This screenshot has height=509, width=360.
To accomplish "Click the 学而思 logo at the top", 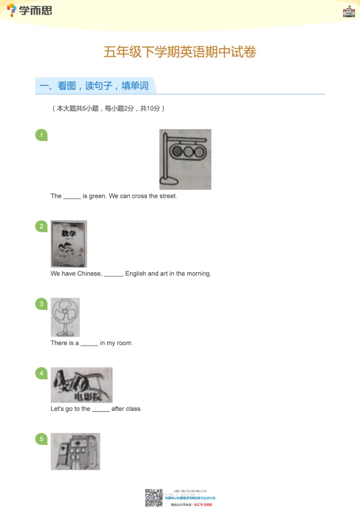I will (30, 10).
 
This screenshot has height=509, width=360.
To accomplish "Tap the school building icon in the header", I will (349, 12).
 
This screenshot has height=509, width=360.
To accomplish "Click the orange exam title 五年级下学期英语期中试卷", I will (180, 52).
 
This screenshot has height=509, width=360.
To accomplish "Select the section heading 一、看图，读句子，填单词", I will (94, 85).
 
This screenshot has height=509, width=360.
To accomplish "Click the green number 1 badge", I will (41, 135).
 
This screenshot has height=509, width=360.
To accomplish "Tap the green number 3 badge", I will (41, 304).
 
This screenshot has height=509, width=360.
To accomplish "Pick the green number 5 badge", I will (41, 439).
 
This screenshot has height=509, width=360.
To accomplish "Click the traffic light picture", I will (185, 159).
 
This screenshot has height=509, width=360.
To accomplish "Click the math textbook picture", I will (69, 244).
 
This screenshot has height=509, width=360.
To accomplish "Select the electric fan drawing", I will (65, 317).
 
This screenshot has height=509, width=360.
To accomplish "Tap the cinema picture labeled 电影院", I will (81, 385).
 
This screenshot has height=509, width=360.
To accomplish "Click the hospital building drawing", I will (76, 451).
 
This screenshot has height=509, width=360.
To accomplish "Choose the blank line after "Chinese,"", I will (113, 274).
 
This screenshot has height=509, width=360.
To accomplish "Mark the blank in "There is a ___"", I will (90, 344).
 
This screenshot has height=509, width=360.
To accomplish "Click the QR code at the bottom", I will (153, 498).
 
